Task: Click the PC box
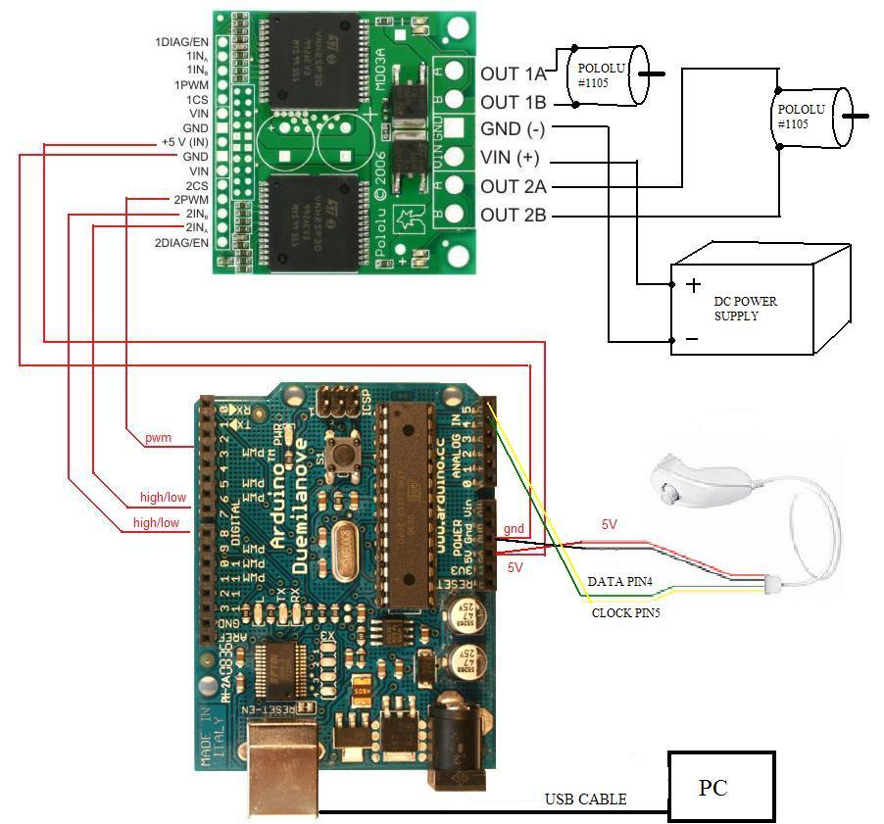[x=720, y=786]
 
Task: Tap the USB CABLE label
[x=585, y=800]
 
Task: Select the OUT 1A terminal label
[x=513, y=74]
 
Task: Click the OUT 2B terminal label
[x=513, y=215]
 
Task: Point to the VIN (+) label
[x=510, y=158]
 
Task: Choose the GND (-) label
[x=513, y=129]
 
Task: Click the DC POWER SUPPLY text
[x=745, y=308]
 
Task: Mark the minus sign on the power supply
[x=691, y=339]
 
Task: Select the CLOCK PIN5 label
[x=626, y=612]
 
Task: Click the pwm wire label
[x=157, y=437]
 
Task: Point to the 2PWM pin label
[x=189, y=199]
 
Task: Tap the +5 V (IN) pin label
[x=184, y=142]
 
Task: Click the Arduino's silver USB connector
[x=283, y=769]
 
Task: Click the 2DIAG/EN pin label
[x=181, y=242]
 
